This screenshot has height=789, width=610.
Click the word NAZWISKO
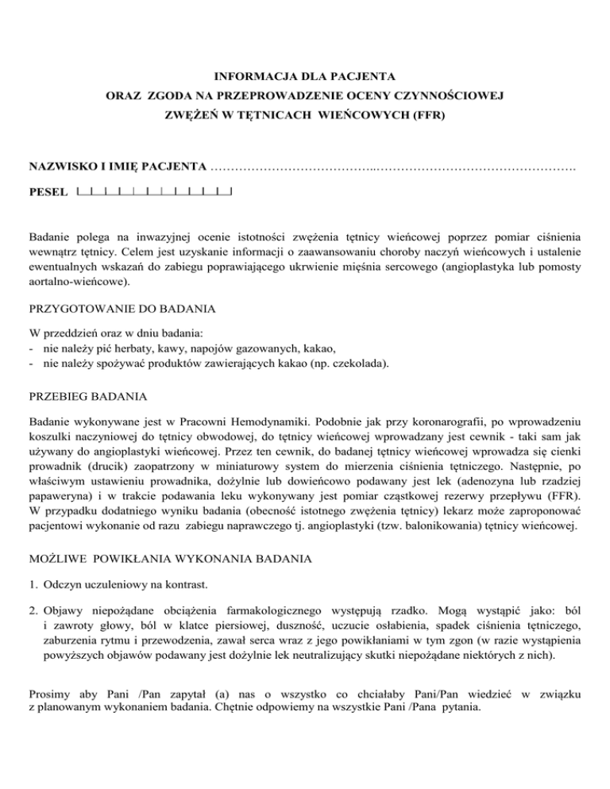57,167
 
